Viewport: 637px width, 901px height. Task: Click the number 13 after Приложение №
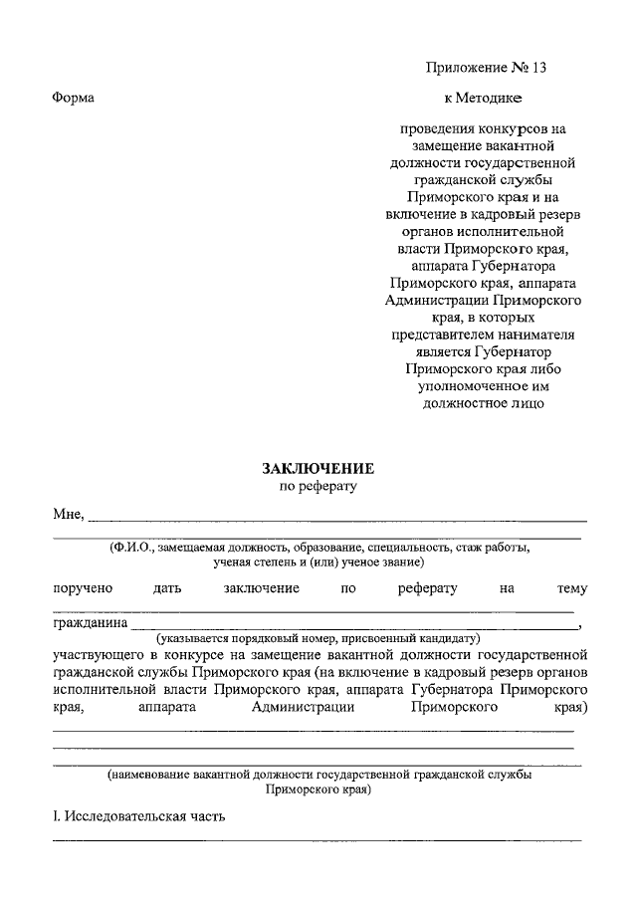tap(539, 68)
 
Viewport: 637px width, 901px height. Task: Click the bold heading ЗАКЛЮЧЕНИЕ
tap(318, 468)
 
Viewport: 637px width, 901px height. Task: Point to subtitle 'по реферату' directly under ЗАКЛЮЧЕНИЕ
tap(318, 487)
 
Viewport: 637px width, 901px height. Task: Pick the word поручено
tap(83, 588)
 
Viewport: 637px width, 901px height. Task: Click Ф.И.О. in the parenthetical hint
tap(134, 548)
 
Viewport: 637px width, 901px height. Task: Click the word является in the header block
tap(432, 351)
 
